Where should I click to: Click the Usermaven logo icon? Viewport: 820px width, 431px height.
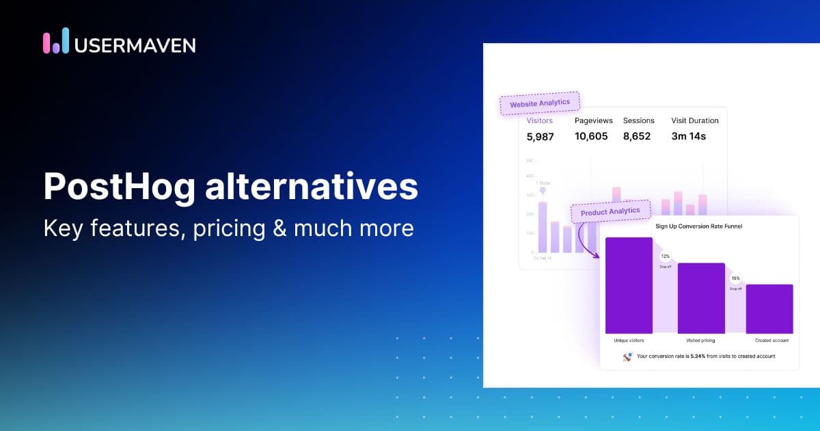pyautogui.click(x=56, y=41)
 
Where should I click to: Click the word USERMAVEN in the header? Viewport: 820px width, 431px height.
pyautogui.click(x=135, y=45)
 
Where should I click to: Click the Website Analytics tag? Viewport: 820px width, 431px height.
pyautogui.click(x=540, y=103)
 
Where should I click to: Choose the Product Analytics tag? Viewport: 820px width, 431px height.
pyautogui.click(x=610, y=212)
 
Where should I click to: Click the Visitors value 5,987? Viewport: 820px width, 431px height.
pyautogui.click(x=540, y=136)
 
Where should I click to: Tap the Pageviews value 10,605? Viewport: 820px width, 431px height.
pyautogui.click(x=591, y=136)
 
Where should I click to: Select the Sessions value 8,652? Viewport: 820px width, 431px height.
pyautogui.click(x=637, y=136)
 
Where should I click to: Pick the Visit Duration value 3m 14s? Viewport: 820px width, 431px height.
pyautogui.click(x=688, y=136)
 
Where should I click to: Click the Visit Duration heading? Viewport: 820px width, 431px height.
pyautogui.click(x=695, y=120)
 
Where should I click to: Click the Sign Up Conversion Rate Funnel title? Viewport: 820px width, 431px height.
pyautogui.click(x=698, y=226)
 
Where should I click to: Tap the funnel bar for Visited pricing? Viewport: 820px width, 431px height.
pyautogui.click(x=700, y=298)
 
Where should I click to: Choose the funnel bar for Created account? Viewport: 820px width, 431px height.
pyautogui.click(x=769, y=309)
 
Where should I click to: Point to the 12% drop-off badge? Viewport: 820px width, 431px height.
pyautogui.click(x=665, y=256)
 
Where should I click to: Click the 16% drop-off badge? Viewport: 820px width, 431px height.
pyautogui.click(x=735, y=278)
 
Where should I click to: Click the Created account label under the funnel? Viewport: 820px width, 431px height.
pyautogui.click(x=772, y=340)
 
